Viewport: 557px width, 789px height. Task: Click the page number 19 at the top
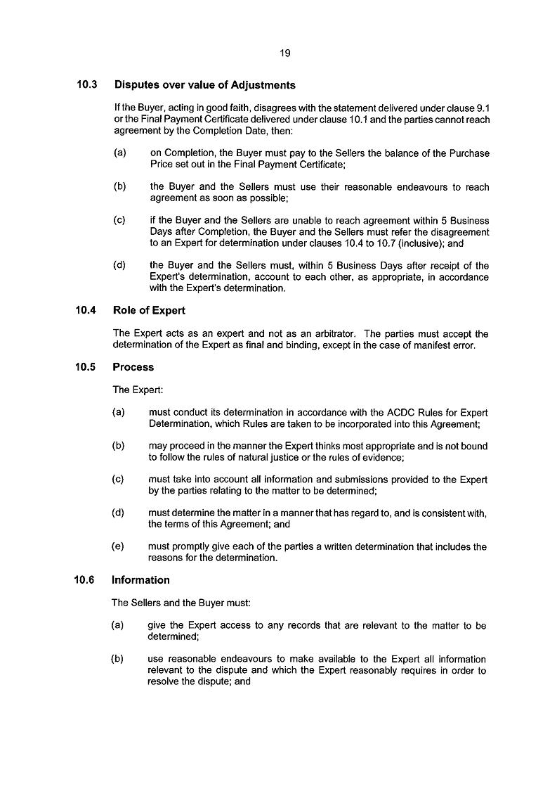tap(284, 53)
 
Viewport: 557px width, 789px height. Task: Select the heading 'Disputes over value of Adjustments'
tap(204, 85)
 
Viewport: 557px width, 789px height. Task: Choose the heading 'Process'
tap(133, 367)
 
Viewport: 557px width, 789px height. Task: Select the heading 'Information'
tap(141, 580)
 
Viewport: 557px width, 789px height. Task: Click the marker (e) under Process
tap(118, 546)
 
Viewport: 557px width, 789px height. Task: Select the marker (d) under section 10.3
tap(119, 266)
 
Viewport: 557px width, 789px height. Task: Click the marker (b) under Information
tap(117, 659)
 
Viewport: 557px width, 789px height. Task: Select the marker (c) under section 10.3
tap(119, 221)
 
